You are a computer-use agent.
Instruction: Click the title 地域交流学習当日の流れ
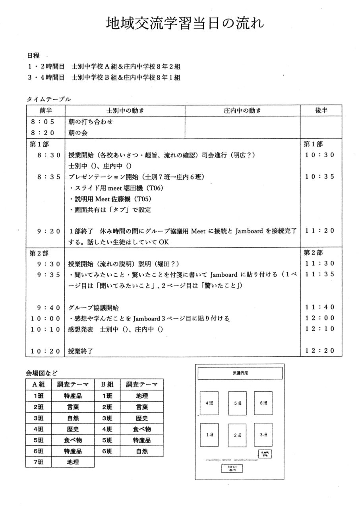(185, 24)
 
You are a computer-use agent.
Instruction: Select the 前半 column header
(46, 110)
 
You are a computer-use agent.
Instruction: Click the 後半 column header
(321, 110)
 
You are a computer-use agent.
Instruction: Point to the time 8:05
(46, 122)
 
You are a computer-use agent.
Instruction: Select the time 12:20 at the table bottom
(320, 350)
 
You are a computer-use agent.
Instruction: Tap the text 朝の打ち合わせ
(91, 122)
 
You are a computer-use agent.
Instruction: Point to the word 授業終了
(81, 351)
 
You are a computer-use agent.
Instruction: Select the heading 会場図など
(42, 373)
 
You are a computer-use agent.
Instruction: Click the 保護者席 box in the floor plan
(240, 373)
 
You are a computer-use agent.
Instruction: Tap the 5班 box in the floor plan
(237, 403)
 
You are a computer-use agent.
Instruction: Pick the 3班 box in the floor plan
(263, 435)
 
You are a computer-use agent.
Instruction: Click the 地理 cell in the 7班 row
(73, 462)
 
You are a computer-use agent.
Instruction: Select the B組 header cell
(107, 385)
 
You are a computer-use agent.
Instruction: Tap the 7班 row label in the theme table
(39, 462)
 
